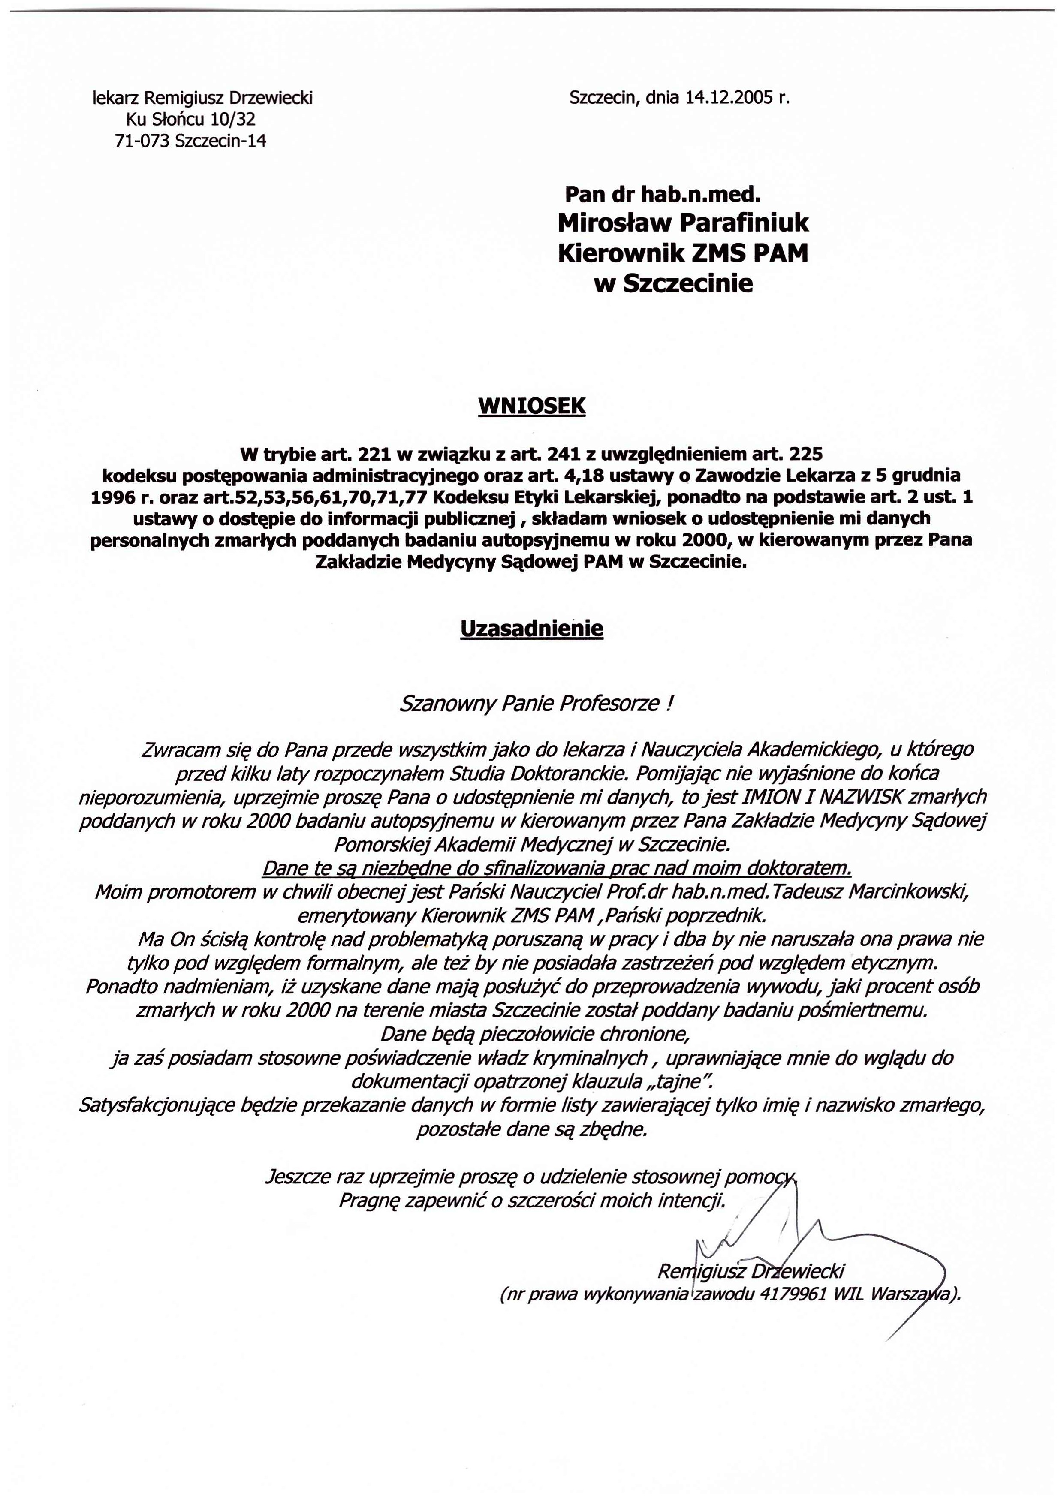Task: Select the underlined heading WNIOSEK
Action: click(532, 406)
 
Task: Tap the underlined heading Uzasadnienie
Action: click(532, 628)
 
